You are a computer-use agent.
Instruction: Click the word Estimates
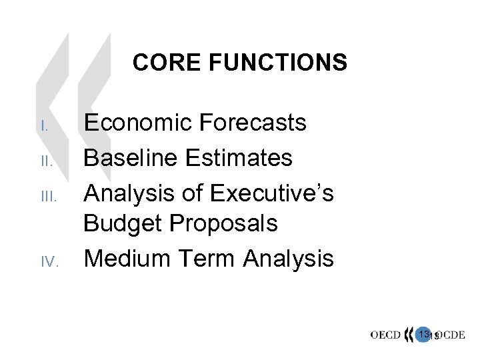coord(240,158)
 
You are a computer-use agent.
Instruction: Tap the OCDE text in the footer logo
coord(450,335)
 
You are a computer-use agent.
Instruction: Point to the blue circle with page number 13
coord(424,334)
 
